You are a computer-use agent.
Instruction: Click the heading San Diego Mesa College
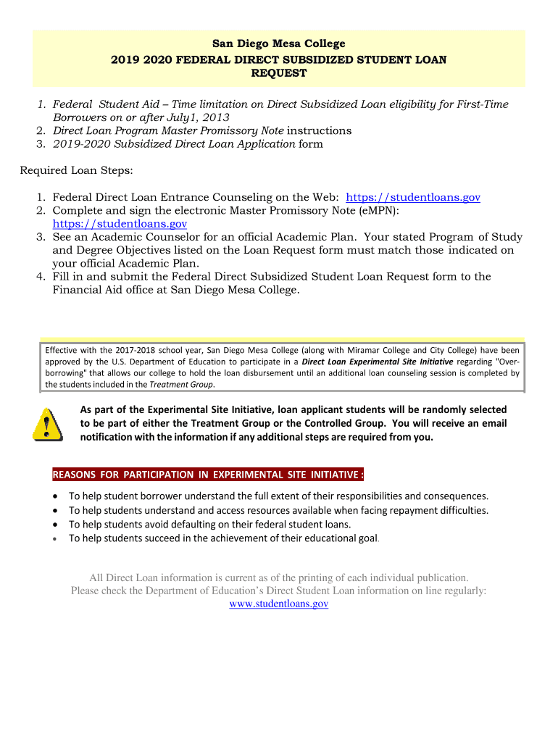click(x=279, y=44)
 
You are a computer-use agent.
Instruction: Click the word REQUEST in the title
click(x=279, y=73)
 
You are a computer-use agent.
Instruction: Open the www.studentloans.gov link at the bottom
click(x=278, y=604)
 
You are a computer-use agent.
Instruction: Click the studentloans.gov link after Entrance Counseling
click(x=413, y=198)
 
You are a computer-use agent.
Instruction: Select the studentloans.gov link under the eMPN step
click(x=120, y=224)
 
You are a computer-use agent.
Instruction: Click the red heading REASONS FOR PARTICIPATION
click(x=208, y=475)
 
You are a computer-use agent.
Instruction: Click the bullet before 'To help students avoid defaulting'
click(x=57, y=524)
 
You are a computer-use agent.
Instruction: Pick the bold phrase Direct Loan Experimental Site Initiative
click(x=378, y=362)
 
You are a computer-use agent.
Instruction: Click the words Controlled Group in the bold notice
click(x=350, y=423)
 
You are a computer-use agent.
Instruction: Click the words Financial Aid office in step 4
click(x=107, y=290)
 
